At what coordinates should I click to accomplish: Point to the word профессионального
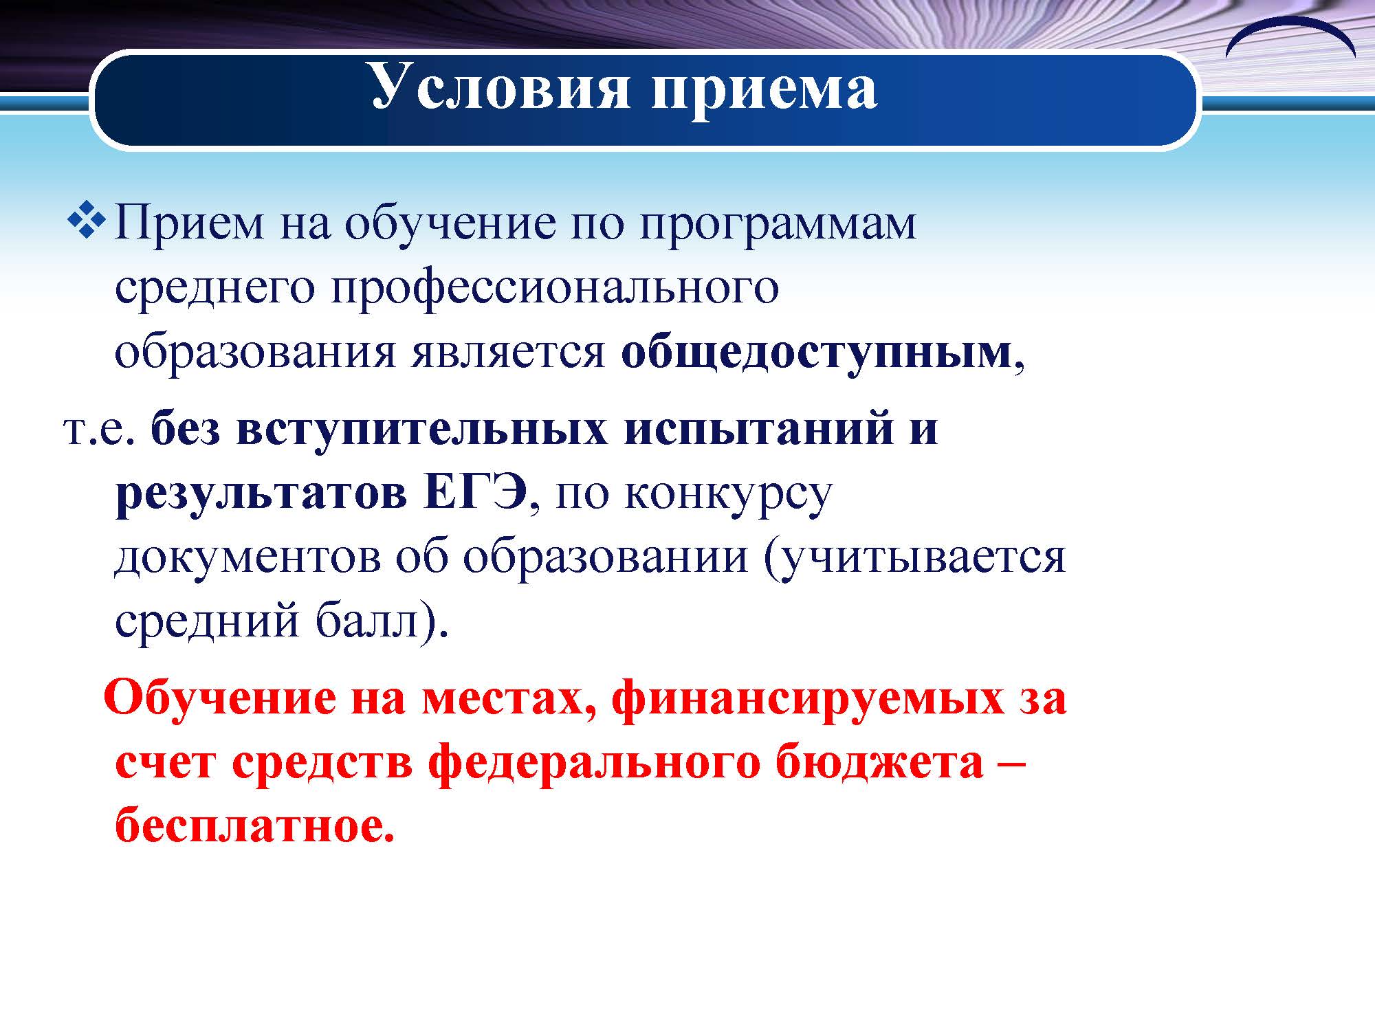pos(555,289)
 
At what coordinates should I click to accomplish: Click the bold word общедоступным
pos(816,354)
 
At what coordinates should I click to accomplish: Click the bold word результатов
pos(262,494)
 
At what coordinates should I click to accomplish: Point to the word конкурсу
pos(728,494)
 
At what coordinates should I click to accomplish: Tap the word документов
pos(247,559)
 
